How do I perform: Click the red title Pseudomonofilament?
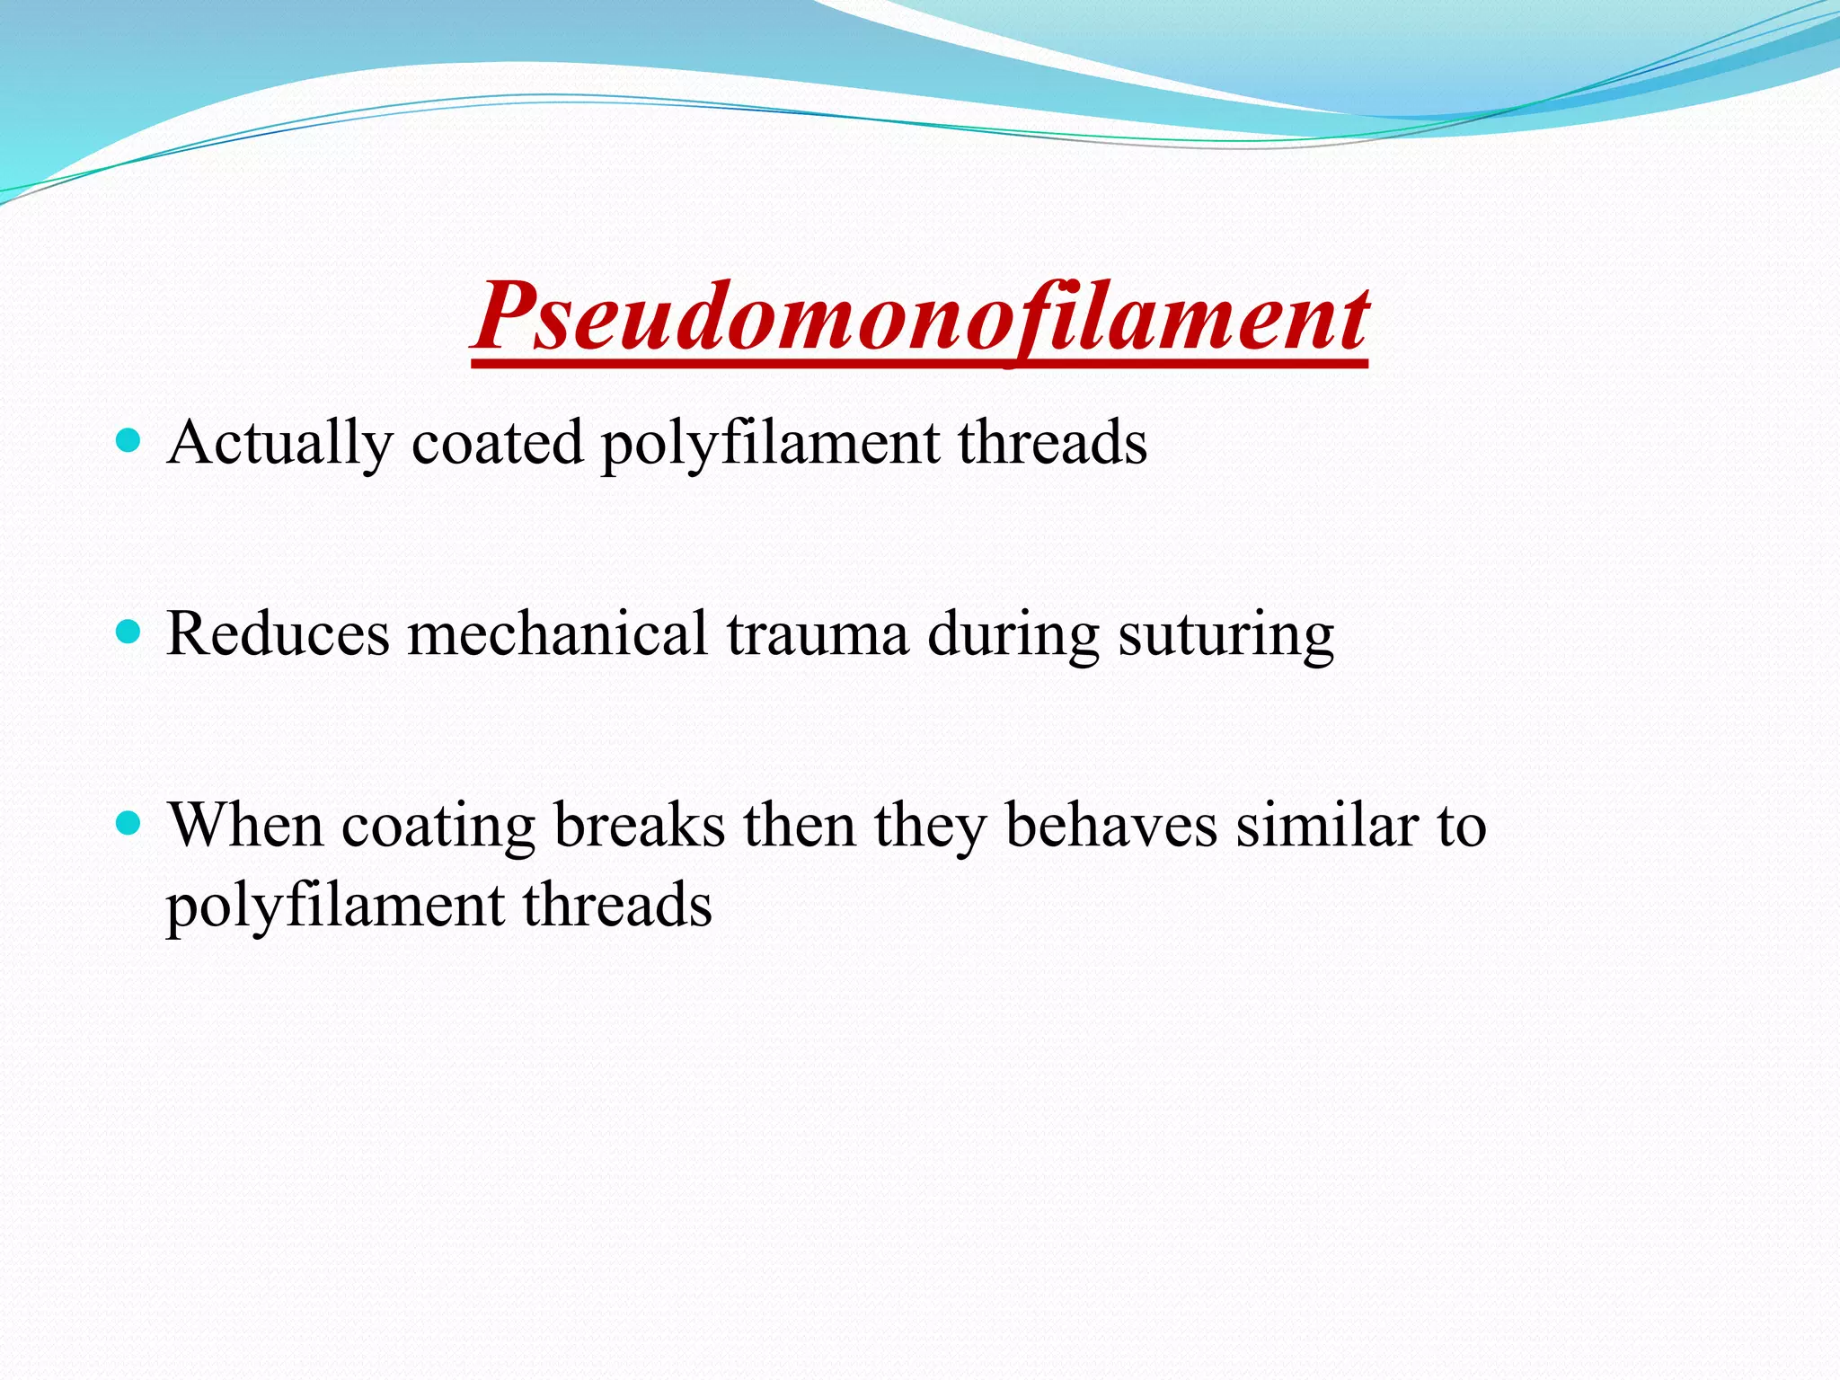920,316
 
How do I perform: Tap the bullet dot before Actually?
130,440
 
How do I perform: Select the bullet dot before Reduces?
130,632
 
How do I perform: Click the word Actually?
279,443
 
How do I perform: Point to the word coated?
497,443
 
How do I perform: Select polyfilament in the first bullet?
770,443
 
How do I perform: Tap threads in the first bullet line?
1052,443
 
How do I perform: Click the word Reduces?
278,634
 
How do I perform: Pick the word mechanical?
558,634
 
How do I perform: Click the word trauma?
818,634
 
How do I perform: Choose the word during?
1013,634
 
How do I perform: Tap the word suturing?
1225,634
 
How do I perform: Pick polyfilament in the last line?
335,906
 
